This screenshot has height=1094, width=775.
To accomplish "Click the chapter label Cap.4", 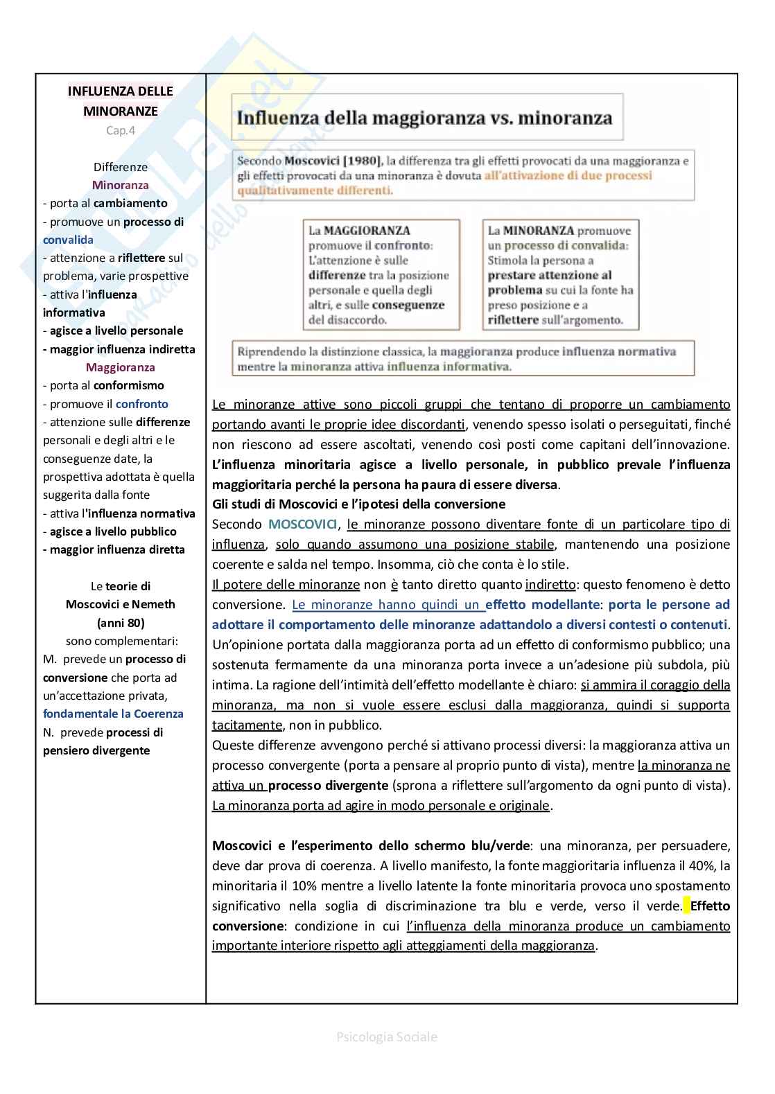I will click(x=121, y=130).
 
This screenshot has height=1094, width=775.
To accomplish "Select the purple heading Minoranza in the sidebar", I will click(x=121, y=185).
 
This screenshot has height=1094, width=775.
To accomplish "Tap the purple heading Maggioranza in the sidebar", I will click(x=121, y=367).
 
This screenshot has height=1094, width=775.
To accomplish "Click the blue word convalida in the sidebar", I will click(x=68, y=240).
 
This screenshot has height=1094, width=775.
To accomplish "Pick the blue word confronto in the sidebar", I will click(x=142, y=404).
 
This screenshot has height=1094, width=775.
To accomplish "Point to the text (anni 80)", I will click(x=121, y=622).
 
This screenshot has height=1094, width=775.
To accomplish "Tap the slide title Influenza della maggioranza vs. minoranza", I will click(x=424, y=117).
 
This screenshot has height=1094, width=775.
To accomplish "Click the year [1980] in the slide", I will click(x=357, y=161).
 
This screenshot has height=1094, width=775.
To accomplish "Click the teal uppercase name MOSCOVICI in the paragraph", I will click(x=302, y=524).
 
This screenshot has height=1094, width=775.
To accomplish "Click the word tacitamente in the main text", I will click(x=247, y=725).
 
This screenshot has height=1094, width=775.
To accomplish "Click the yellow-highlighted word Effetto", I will click(x=710, y=906).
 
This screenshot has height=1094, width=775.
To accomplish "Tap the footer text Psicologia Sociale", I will click(x=387, y=1037).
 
